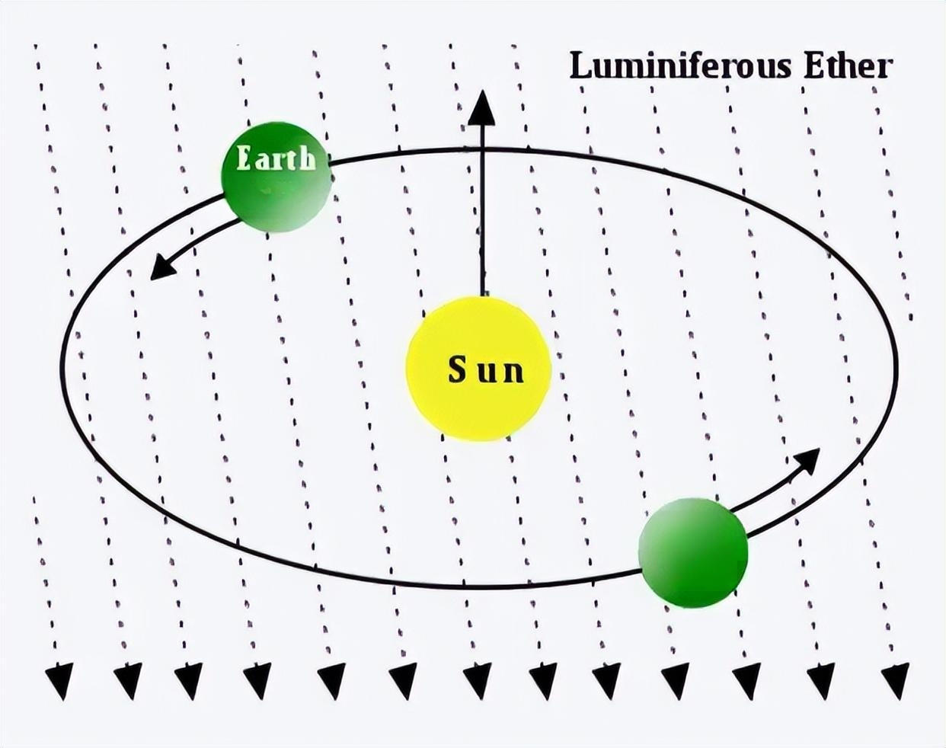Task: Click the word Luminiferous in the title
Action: tap(679, 66)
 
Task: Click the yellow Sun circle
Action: tap(478, 369)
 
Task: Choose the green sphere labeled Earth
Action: tap(276, 177)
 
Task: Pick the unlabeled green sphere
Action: tap(693, 553)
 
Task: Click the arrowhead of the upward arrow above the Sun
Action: tap(482, 108)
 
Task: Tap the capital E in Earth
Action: tap(244, 158)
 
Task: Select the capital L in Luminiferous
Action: tap(580, 66)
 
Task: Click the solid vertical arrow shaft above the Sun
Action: tap(483, 211)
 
